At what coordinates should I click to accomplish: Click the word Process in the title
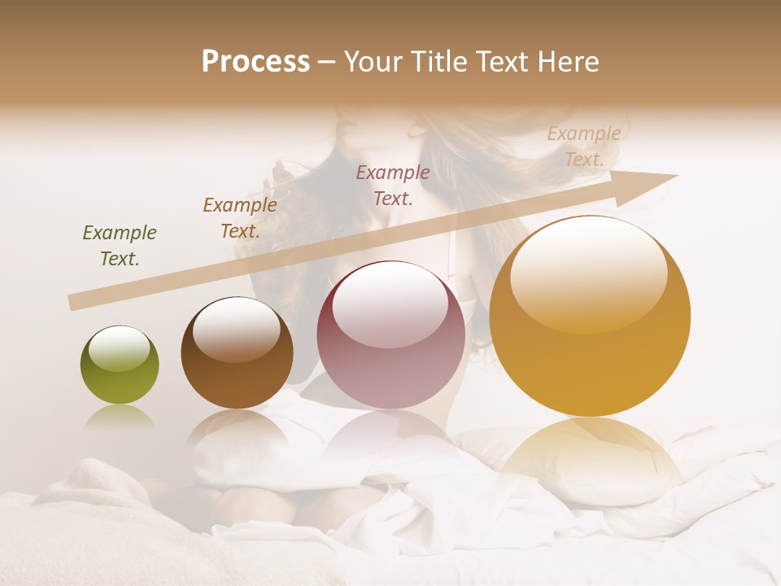(x=255, y=62)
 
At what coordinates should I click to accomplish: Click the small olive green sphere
(x=120, y=365)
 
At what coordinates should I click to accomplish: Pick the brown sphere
(x=237, y=352)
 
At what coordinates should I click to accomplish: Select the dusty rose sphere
(x=391, y=335)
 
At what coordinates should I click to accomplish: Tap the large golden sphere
(x=590, y=316)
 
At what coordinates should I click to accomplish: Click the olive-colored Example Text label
(x=120, y=245)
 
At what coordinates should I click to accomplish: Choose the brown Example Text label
(x=240, y=217)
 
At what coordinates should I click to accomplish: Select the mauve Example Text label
(x=393, y=184)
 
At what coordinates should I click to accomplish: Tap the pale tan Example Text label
(x=583, y=146)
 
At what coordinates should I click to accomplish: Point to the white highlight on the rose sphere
(x=390, y=302)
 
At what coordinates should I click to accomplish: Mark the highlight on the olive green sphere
(x=119, y=347)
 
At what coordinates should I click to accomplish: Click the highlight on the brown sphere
(x=236, y=327)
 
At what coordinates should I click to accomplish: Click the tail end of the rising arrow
(x=76, y=302)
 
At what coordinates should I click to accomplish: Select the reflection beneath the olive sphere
(x=120, y=418)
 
